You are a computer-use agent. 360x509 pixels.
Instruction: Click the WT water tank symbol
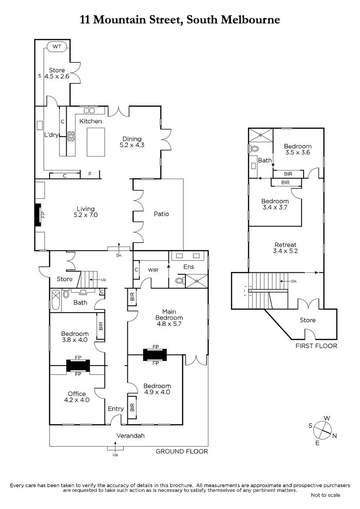[57, 47]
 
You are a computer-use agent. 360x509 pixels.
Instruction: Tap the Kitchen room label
[90, 121]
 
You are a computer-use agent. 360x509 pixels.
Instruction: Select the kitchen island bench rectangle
[96, 142]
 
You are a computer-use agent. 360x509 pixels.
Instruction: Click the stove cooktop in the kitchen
[71, 136]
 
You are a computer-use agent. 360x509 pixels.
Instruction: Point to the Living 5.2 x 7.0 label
[86, 212]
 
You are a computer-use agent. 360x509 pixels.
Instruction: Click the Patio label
[161, 214]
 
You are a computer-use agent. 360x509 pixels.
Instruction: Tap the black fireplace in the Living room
[38, 215]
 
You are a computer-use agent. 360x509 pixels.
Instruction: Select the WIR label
[153, 270]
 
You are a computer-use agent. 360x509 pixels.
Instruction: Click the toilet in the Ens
[180, 281]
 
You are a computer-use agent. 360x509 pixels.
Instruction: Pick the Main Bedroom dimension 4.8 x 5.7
[169, 324]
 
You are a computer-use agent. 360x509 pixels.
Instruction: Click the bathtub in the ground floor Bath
[56, 301]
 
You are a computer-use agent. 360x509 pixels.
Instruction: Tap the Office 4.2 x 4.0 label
[77, 397]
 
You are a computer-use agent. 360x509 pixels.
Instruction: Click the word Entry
[116, 409]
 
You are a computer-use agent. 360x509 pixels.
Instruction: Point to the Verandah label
[130, 436]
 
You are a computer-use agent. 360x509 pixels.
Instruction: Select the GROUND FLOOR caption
[182, 451]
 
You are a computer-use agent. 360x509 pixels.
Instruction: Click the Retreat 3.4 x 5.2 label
[285, 248]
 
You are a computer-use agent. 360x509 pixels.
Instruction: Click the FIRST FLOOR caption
[316, 346]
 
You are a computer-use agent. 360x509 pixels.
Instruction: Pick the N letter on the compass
[334, 436]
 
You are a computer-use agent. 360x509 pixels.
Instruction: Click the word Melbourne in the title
[250, 20]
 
